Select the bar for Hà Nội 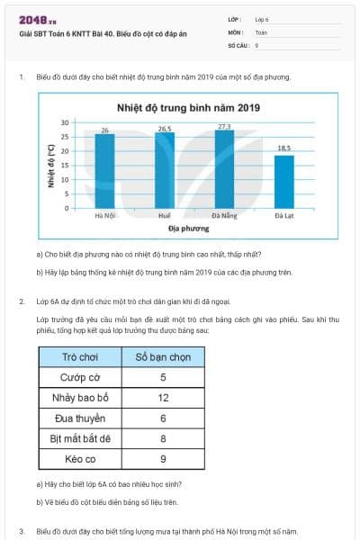coord(105,172)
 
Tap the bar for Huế coord(164,171)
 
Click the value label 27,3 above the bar coord(224,126)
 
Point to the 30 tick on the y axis coord(65,121)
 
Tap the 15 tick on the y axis coord(65,165)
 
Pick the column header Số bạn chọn coord(163,357)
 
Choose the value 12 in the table coord(163,398)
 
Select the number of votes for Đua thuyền coord(163,418)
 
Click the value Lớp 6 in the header coord(262,18)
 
